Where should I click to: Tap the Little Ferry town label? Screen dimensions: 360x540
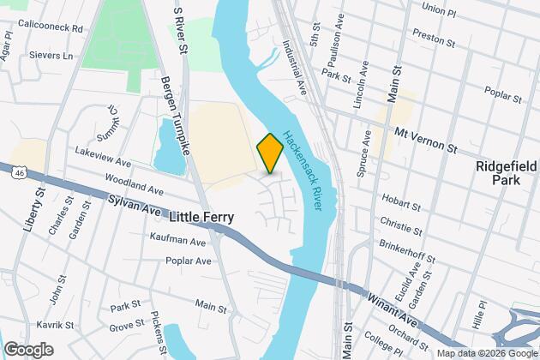207,218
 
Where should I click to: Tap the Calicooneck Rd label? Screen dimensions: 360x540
53,27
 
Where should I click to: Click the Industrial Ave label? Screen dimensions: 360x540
293,65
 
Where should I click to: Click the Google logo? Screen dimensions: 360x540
28,350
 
